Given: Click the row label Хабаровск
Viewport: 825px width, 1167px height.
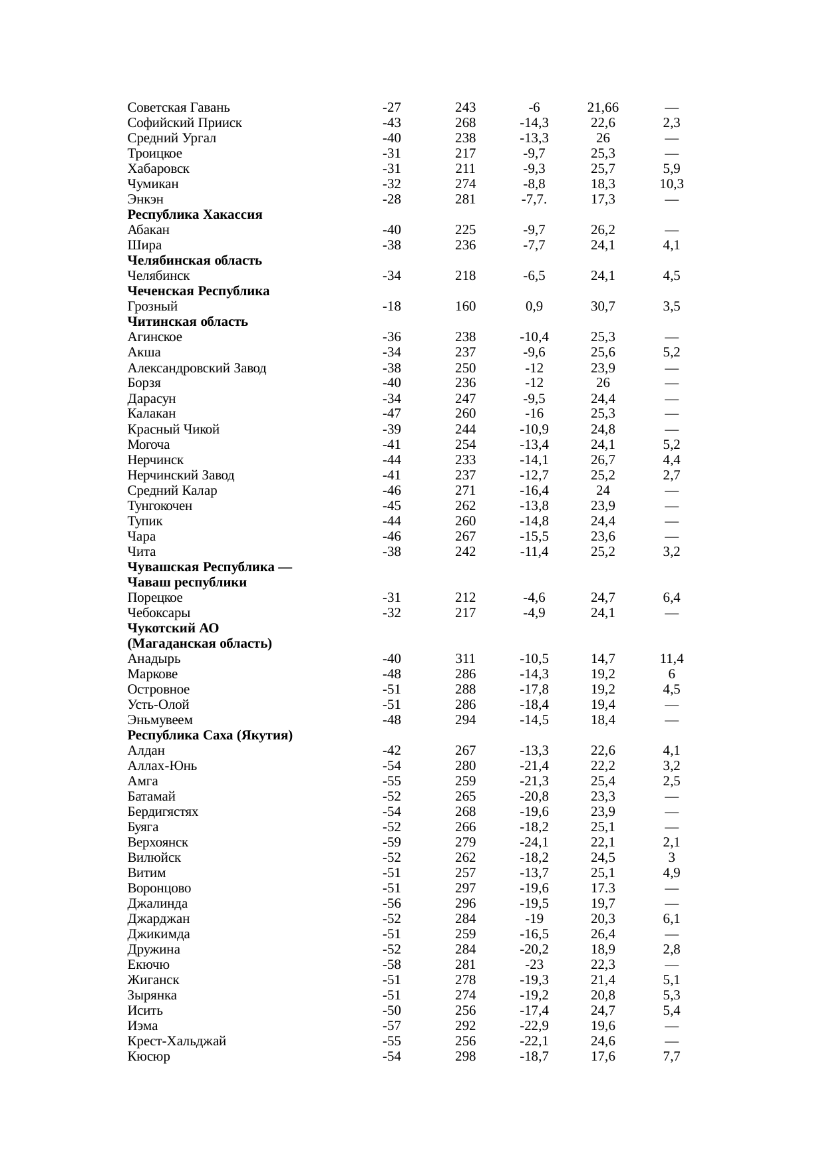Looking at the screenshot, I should click(158, 169).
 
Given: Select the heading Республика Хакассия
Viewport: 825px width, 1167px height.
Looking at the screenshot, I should click(195, 215).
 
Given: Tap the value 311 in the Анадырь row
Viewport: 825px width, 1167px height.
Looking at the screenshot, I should click(465, 659).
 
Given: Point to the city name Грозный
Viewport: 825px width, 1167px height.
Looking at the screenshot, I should click(152, 307).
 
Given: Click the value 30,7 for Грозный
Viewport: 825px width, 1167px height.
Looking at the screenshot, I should click(603, 307).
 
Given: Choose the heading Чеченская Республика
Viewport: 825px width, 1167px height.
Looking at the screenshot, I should click(198, 291).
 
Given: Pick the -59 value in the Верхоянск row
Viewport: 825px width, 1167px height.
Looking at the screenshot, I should click(392, 843).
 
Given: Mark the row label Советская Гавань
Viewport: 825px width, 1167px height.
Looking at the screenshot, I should click(178, 107).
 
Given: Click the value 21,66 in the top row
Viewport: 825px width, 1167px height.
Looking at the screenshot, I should click(603, 107).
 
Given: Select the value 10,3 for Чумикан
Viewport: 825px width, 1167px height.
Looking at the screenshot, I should click(671, 184).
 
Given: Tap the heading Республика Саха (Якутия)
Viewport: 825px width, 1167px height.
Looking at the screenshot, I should click(210, 735).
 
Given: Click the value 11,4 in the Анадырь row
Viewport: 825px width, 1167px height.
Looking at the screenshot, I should click(671, 659).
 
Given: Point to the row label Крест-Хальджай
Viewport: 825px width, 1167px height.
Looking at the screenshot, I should click(177, 1041).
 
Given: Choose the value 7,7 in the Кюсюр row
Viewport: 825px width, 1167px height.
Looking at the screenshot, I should click(671, 1057).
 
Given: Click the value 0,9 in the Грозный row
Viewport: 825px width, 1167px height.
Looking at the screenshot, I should click(534, 307).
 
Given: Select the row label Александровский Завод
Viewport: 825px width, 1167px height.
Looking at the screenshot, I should click(197, 368).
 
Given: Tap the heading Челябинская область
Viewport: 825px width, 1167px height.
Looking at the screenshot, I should click(194, 261).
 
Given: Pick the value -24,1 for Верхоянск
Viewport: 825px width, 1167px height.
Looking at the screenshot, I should click(534, 843).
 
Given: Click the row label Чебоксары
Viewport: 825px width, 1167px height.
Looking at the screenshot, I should click(159, 613).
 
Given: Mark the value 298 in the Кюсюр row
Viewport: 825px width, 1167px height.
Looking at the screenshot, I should click(465, 1057).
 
